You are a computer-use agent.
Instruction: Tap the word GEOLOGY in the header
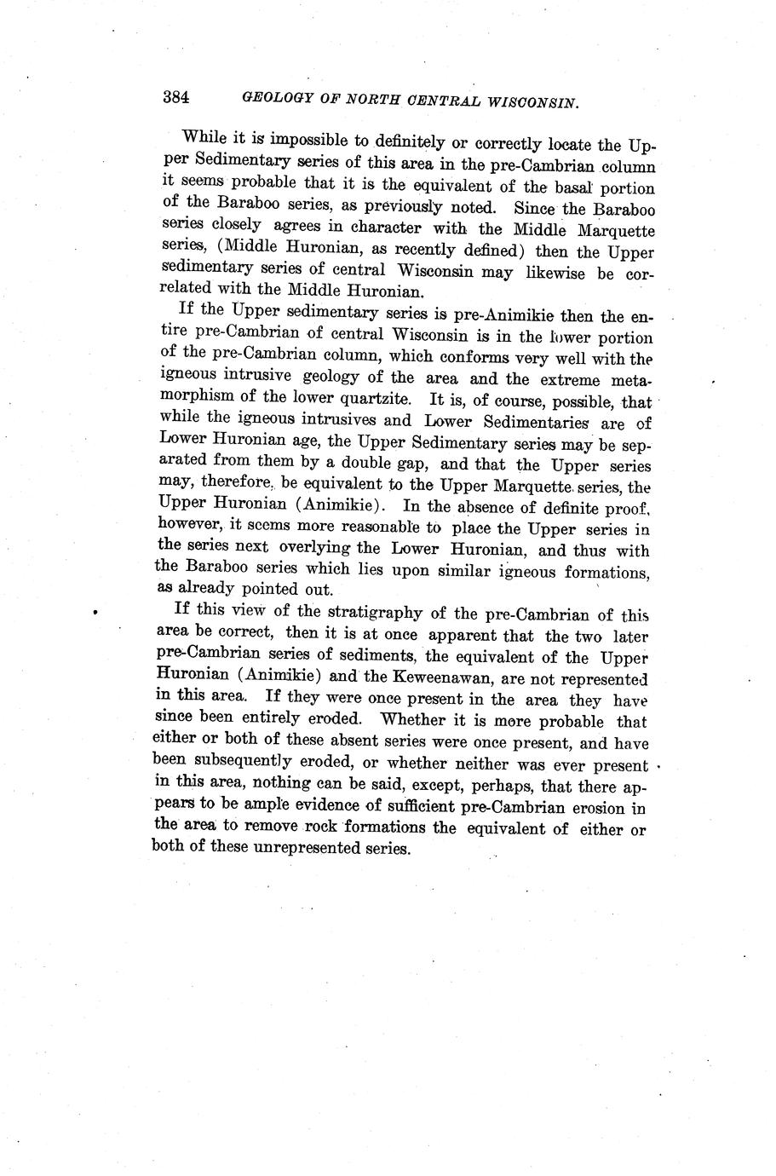[x=278, y=98]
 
